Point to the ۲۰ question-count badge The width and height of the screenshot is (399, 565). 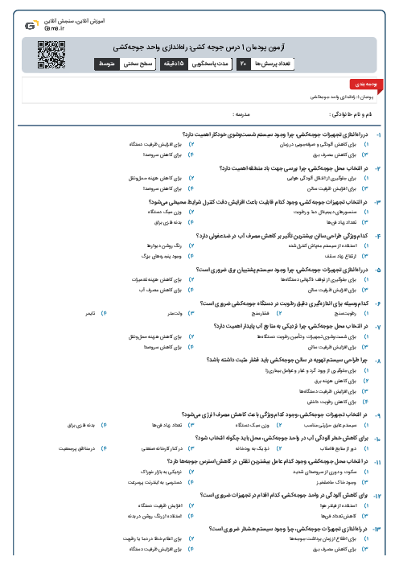[243, 62]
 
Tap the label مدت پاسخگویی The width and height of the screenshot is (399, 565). [212, 62]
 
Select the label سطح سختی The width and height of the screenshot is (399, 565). [140, 62]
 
